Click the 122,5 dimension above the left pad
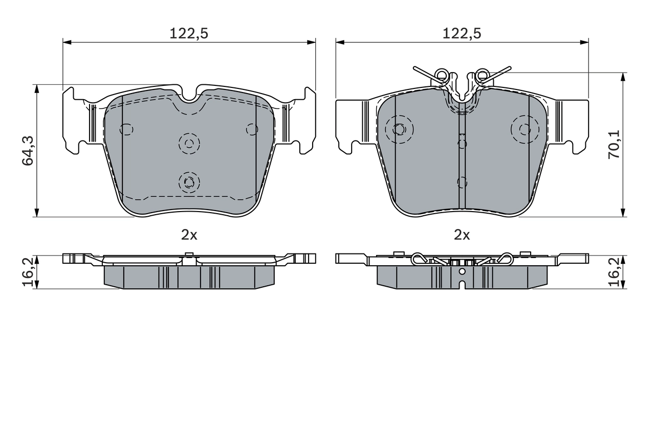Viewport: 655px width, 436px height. (x=189, y=34)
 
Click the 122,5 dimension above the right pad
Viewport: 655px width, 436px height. (x=462, y=34)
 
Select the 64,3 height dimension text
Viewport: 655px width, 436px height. (x=28, y=151)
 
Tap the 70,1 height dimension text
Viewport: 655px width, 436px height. (x=614, y=144)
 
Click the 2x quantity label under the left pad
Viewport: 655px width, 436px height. (x=189, y=235)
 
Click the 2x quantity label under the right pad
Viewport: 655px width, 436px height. (x=462, y=235)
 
